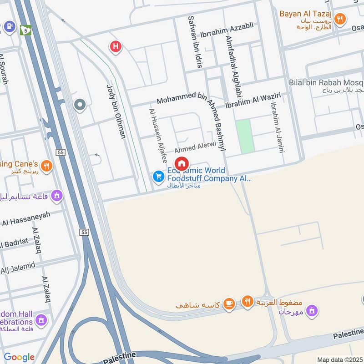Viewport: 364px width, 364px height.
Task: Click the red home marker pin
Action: click(182, 163)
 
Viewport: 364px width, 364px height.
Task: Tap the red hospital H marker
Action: click(116, 46)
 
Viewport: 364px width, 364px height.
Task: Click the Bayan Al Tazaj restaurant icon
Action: click(339, 19)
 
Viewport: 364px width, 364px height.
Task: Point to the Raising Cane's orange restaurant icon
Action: click(46, 166)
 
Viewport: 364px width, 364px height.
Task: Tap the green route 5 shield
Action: click(25, 30)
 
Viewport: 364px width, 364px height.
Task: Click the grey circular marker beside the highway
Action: click(80, 106)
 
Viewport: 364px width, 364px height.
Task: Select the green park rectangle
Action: click(245, 136)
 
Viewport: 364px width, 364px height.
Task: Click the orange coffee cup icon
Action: click(229, 303)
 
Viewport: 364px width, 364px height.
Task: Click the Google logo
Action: click(19, 357)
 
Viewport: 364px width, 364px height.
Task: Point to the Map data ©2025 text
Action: click(339, 359)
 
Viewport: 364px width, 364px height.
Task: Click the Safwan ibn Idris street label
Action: click(194, 42)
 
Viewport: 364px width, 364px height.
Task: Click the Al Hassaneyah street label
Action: click(26, 219)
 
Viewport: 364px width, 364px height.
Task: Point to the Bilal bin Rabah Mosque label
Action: click(326, 82)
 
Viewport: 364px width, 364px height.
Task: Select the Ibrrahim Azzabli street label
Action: click(227, 31)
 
